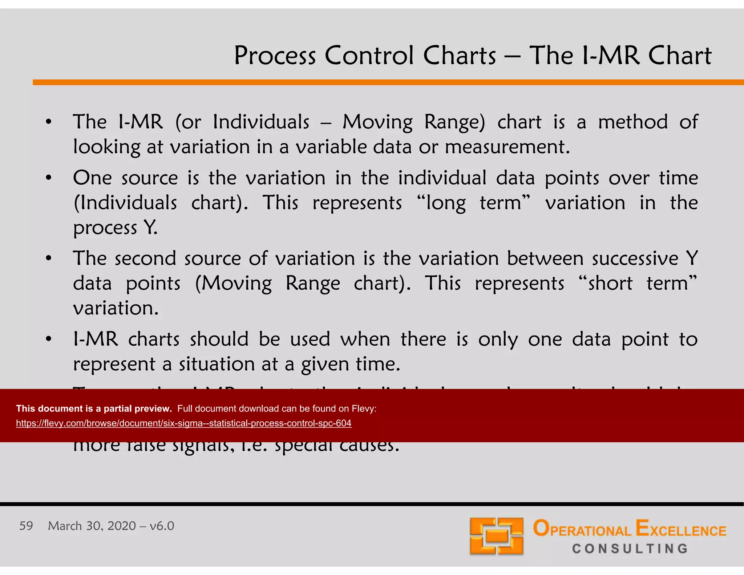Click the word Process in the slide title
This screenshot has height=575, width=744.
coord(275,56)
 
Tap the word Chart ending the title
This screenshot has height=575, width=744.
coord(680,56)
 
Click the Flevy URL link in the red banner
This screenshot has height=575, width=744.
coord(183,423)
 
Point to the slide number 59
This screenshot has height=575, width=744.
coord(26,526)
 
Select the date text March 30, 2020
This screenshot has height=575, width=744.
coord(92,526)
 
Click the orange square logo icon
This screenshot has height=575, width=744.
coord(496,536)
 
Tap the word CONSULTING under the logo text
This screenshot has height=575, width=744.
coord(630,548)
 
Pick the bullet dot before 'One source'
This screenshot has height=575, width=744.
coord(49,178)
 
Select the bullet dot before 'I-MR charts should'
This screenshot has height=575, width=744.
coord(49,339)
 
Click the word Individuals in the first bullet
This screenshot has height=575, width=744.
coord(261,122)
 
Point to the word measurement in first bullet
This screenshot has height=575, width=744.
coord(507,147)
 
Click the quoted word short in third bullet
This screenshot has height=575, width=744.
coord(610,283)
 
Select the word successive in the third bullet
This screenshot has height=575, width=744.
coord(635,258)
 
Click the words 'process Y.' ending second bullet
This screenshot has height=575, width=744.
coord(115,228)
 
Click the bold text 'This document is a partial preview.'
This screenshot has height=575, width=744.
coord(94,409)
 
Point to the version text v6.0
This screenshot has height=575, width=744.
coord(162,526)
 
